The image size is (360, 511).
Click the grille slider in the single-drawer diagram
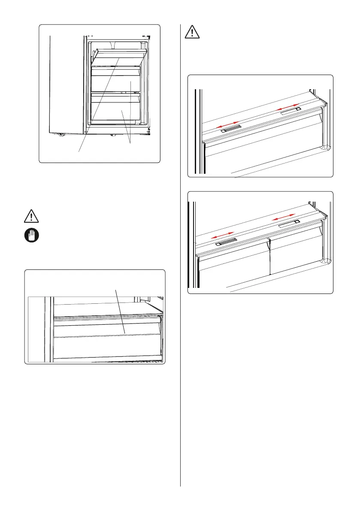click(231, 128)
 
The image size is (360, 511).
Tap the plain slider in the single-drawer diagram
click(290, 111)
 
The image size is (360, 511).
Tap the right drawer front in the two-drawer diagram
click(296, 253)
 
